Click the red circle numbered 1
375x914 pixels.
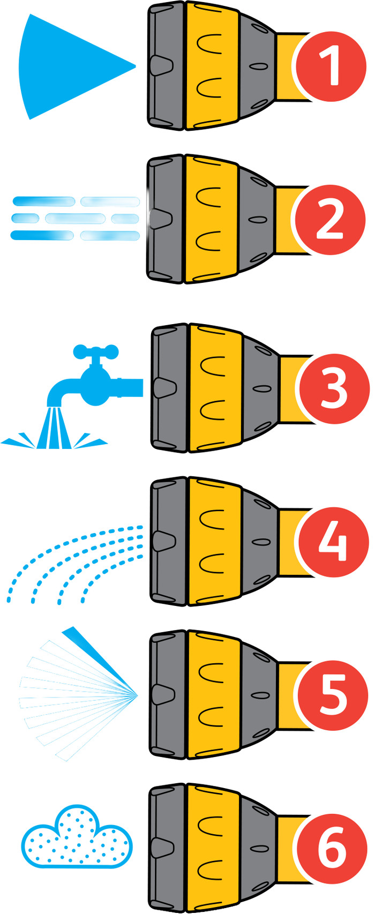[x=331, y=66]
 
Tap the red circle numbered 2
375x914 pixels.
[x=330, y=219]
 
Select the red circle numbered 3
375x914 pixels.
[x=334, y=388]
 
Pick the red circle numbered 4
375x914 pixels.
[x=334, y=542]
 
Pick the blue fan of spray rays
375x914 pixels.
[x=78, y=694]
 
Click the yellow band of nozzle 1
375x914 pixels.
[x=212, y=66]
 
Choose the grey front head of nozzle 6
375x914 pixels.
[x=168, y=848]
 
